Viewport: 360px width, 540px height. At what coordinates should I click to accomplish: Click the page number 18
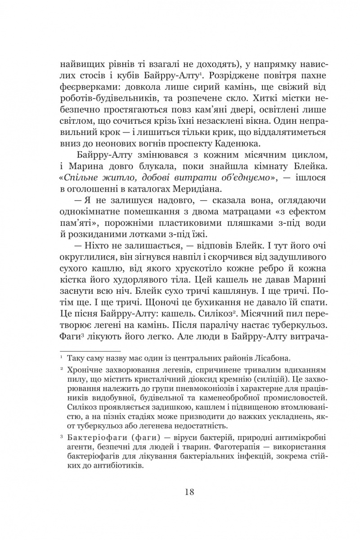pos(189,491)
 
